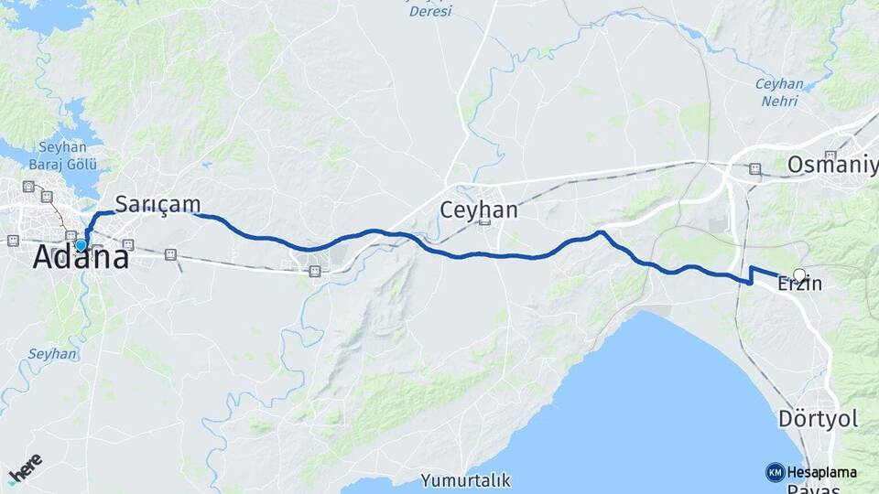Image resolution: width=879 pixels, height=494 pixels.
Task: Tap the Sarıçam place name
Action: coord(157,203)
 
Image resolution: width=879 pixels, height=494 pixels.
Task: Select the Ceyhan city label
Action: coord(479,209)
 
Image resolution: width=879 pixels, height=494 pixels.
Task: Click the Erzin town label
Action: coord(799,285)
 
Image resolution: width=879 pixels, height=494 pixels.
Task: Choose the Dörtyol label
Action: coord(818,420)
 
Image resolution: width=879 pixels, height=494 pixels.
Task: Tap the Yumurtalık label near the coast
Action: coord(466,479)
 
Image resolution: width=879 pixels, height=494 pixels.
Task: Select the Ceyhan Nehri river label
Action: coord(779,91)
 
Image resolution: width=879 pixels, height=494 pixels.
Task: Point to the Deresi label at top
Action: coord(429,11)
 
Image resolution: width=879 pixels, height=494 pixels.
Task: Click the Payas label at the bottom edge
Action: coord(817,489)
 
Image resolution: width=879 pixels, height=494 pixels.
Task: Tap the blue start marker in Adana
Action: coord(81,245)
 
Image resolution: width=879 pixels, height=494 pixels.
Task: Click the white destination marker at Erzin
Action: coord(799,274)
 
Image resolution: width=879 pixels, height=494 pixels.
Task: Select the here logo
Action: coord(25,467)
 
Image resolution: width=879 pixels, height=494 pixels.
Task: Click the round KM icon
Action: coord(775,472)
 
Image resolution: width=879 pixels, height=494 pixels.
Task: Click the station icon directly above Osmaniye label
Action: coord(830,155)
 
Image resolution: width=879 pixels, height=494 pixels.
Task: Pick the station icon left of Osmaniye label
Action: coord(754,168)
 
